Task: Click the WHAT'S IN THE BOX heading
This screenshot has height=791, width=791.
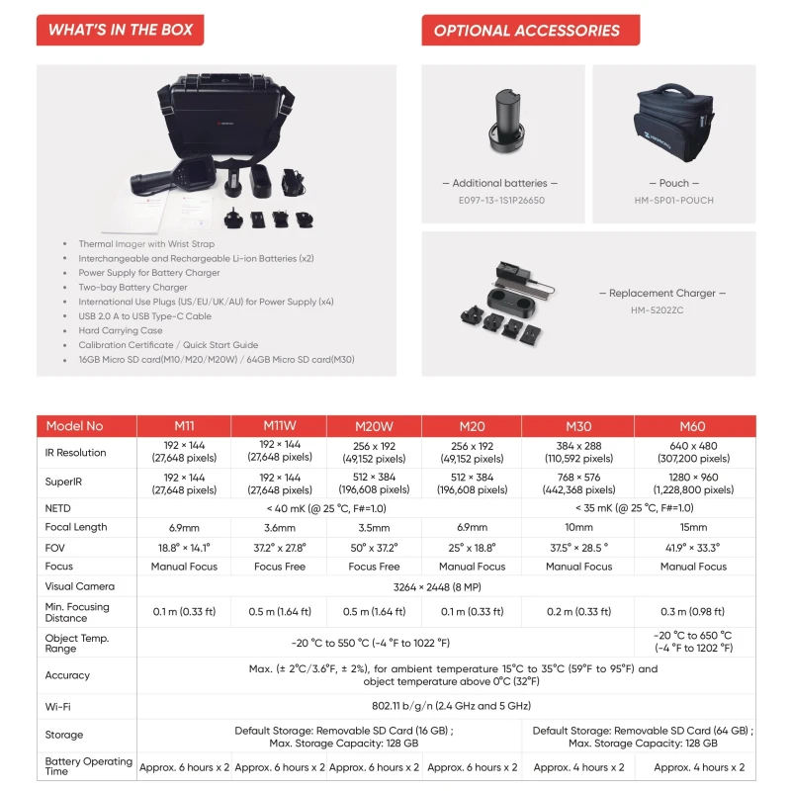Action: coord(121,30)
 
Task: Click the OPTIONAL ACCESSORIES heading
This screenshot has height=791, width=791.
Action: coord(527,30)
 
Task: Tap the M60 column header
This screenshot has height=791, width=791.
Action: coord(693,426)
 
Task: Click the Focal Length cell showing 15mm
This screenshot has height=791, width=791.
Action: coord(693,527)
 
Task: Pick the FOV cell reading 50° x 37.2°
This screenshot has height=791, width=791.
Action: coord(375,547)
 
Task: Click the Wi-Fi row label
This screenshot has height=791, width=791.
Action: coord(58,706)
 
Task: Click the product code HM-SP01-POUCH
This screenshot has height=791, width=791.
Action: coord(674,200)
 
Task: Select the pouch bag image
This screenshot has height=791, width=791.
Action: coord(673,124)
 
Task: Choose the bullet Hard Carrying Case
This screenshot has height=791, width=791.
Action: coord(121,331)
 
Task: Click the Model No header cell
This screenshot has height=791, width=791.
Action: coord(74,426)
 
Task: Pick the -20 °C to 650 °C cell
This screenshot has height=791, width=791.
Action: coord(693,642)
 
